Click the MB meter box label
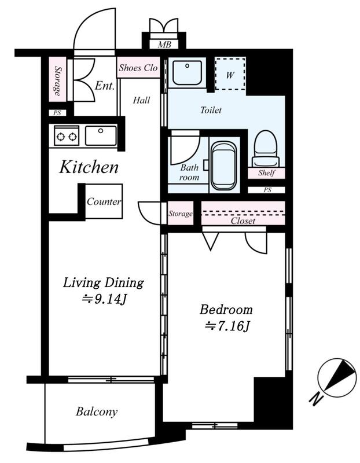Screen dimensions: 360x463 click(164, 45)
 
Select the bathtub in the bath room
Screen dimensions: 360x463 click(224, 166)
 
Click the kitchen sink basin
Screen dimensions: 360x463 click(101, 135)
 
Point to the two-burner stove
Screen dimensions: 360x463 click(67, 136)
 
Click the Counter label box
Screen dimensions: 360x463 click(104, 201)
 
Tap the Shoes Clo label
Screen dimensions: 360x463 click(138, 68)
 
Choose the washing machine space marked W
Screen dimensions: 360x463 click(230, 74)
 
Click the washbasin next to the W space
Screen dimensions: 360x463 click(188, 73)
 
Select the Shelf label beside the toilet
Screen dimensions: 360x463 click(267, 172)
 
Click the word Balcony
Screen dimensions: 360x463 click(97, 411)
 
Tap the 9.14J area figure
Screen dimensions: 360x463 click(105, 299)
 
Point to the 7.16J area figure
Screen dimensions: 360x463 click(227, 326)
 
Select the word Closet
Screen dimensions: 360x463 click(243, 221)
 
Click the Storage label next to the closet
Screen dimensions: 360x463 click(181, 214)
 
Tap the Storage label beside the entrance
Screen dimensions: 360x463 click(58, 80)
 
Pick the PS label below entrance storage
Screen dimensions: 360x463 click(57, 113)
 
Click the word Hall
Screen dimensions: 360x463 click(141, 100)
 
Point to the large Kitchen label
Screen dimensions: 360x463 click(89, 167)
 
